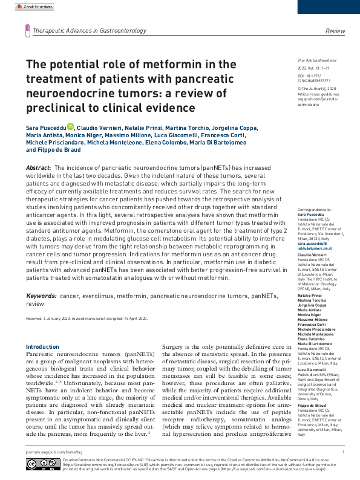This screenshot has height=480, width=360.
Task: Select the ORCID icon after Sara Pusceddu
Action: click(70, 126)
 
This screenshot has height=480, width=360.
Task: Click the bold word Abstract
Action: click(38, 167)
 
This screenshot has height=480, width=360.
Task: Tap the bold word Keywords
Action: click(41, 296)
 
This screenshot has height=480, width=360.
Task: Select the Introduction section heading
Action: click(42, 347)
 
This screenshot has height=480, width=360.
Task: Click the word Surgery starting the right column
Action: click(174, 347)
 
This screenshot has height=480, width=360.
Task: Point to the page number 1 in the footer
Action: click(343, 452)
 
